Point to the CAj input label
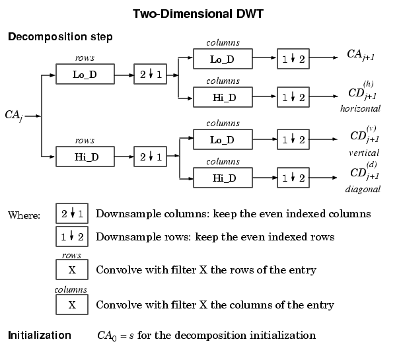(x=13, y=116)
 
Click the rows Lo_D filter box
(x=85, y=75)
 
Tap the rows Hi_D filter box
(x=85, y=157)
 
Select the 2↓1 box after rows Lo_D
(x=150, y=75)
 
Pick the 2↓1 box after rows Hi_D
(x=150, y=157)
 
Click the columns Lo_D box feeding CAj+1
(x=223, y=58)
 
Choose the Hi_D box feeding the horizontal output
(x=223, y=97)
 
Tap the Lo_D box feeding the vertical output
(x=223, y=139)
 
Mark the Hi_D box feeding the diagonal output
(x=223, y=178)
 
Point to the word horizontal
(x=360, y=108)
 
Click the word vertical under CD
(x=363, y=153)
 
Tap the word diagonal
(x=363, y=190)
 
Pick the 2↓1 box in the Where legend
(x=72, y=214)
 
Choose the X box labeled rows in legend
(x=72, y=270)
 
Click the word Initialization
(x=40, y=336)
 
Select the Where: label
(x=24, y=215)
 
